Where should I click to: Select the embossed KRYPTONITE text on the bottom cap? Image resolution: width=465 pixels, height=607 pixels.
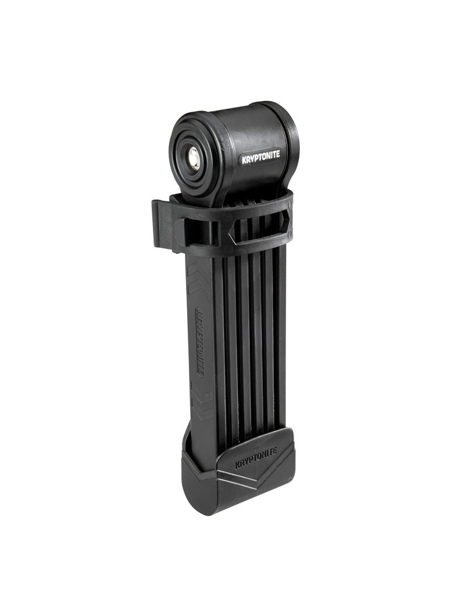(x=256, y=457)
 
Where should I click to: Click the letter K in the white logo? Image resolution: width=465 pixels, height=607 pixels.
(x=244, y=158)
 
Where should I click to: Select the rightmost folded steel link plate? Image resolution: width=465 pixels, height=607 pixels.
(x=281, y=337)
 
